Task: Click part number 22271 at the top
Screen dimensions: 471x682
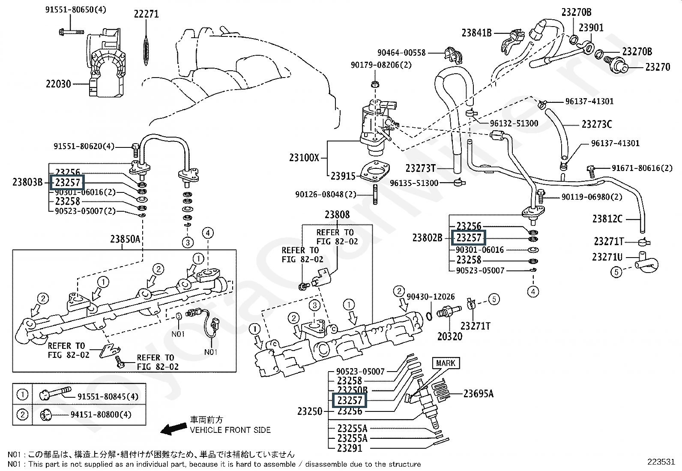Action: click(x=146, y=14)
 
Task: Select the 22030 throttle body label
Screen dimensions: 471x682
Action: click(x=58, y=84)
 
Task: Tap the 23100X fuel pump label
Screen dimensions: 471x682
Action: click(x=304, y=158)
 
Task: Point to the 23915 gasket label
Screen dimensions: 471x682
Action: click(x=343, y=176)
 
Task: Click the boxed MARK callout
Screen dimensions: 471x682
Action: click(x=446, y=363)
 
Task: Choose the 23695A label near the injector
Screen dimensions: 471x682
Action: click(x=478, y=393)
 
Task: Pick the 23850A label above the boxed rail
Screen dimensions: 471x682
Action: click(x=125, y=239)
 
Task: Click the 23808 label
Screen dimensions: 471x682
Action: click(x=337, y=215)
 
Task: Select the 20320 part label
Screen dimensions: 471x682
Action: click(x=450, y=336)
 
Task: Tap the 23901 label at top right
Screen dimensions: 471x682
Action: click(x=591, y=28)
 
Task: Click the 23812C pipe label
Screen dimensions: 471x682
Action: click(x=607, y=219)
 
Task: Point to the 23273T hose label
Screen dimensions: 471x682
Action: click(x=420, y=168)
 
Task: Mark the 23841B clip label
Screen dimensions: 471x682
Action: click(x=476, y=32)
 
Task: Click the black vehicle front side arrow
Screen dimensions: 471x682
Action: click(x=173, y=429)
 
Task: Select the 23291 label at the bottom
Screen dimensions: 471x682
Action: click(x=350, y=448)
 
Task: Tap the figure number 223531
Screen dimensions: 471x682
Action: click(x=661, y=462)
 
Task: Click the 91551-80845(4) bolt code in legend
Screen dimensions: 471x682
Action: click(x=108, y=396)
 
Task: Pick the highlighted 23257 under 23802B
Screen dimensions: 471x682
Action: click(x=469, y=237)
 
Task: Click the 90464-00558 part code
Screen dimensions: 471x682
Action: click(x=401, y=53)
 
